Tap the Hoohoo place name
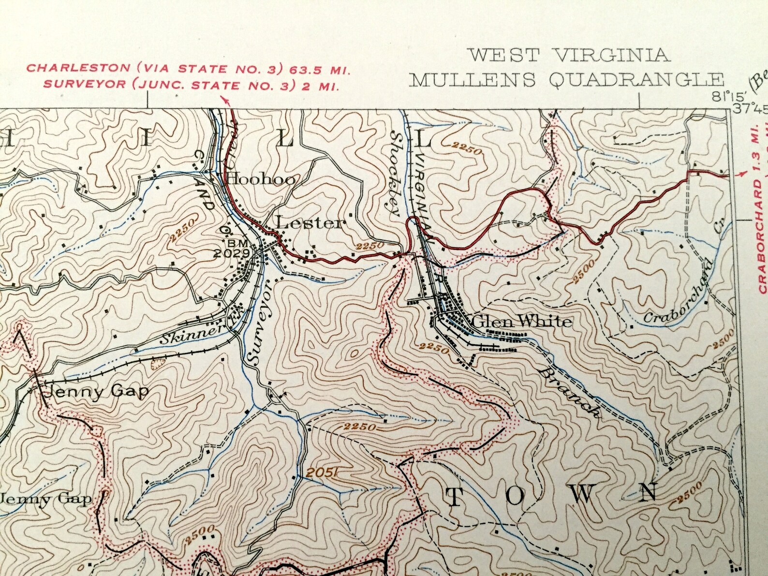tap(261, 179)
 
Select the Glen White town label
tap(521, 321)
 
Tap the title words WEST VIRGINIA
tap(570, 55)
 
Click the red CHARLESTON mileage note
tap(188, 68)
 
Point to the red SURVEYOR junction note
tap(191, 85)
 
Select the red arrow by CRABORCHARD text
tap(739, 174)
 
